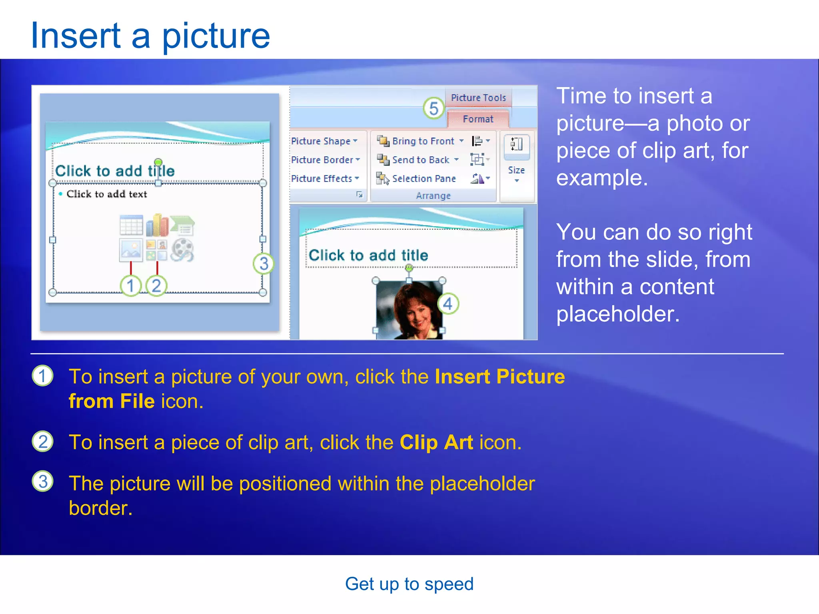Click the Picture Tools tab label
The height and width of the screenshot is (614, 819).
(478, 98)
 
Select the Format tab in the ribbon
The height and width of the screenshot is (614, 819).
(478, 119)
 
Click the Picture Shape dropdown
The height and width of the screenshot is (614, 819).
(324, 141)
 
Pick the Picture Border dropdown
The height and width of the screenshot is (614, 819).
(325, 160)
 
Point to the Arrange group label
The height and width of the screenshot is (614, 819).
(433, 196)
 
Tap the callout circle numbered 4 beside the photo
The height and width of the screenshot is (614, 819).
(448, 304)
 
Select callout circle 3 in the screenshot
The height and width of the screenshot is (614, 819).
(264, 263)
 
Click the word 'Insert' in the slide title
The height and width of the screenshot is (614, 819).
(76, 36)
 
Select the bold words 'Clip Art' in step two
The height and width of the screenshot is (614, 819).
(436, 443)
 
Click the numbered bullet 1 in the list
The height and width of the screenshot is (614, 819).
(43, 376)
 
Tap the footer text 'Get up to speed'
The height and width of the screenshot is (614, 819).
(409, 584)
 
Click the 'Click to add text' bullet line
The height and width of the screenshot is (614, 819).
(106, 194)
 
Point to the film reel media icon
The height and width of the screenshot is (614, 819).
(182, 250)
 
